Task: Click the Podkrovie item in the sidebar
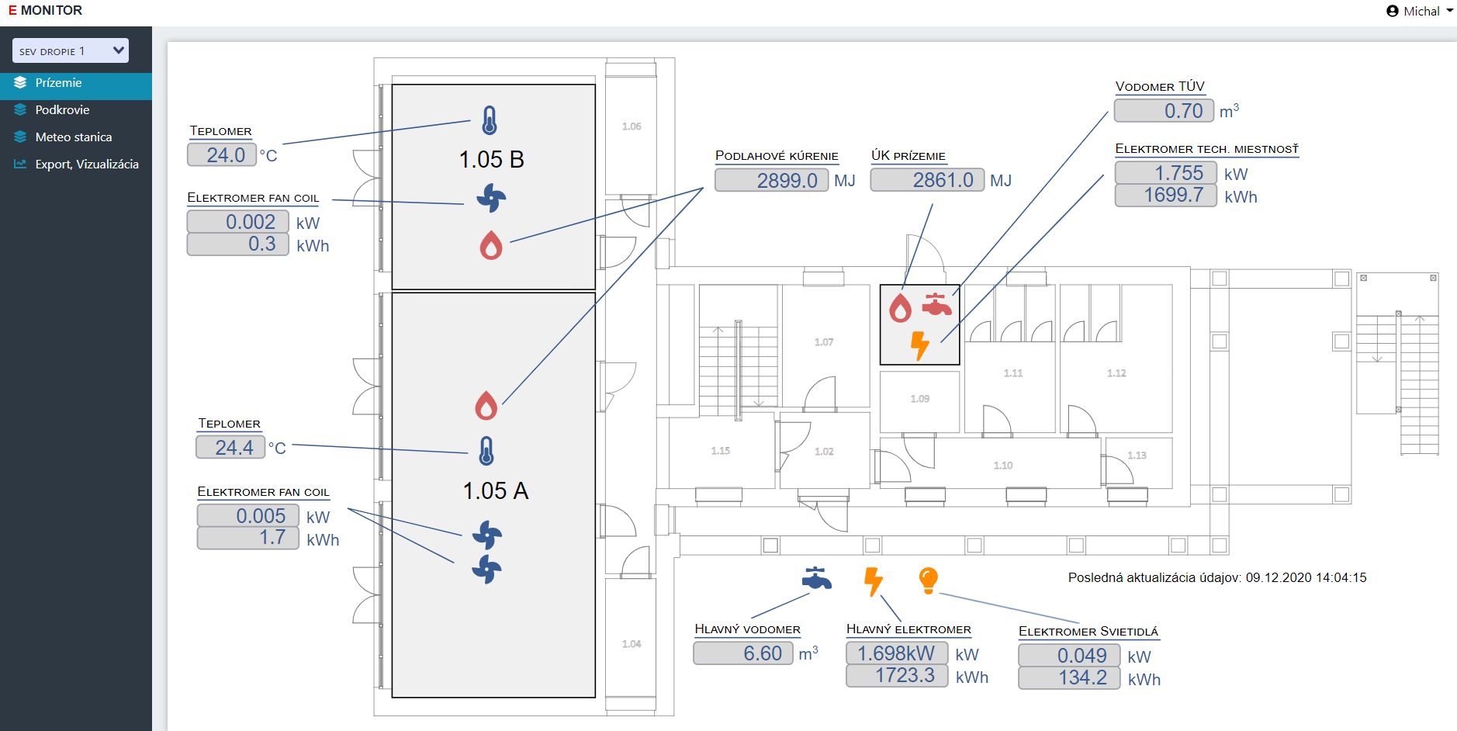(x=62, y=110)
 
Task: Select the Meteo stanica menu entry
(x=73, y=137)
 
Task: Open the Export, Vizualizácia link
(x=86, y=165)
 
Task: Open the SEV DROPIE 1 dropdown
(x=71, y=51)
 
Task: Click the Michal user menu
(x=1419, y=11)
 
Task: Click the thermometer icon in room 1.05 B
(x=490, y=120)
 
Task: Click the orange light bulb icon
(x=928, y=580)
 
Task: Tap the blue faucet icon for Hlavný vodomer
(x=816, y=578)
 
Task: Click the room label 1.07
(x=824, y=342)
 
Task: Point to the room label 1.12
(x=1116, y=373)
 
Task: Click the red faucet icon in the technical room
(x=936, y=304)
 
